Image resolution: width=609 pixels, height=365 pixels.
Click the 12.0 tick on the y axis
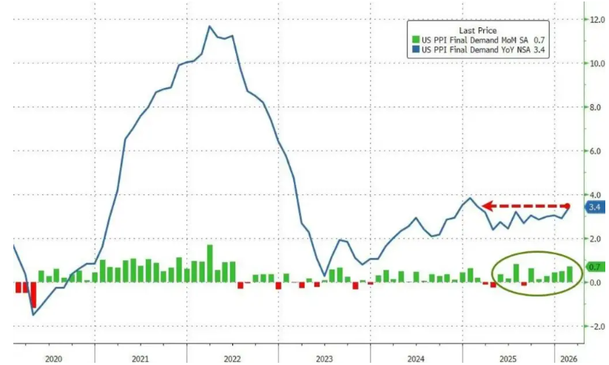[x=593, y=19]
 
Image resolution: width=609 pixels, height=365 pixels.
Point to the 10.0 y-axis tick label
[x=593, y=64]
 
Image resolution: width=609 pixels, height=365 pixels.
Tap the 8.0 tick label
[x=593, y=107]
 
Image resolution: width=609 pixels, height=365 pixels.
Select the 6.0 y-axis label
[x=593, y=151]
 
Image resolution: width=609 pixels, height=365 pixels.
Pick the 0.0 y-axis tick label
[x=593, y=282]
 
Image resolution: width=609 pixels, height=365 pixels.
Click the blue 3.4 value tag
[x=594, y=208]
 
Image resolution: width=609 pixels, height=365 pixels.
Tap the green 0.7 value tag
[x=594, y=267]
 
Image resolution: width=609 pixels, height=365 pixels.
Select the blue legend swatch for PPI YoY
[x=417, y=50]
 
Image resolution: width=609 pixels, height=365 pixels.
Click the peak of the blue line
[x=209, y=27]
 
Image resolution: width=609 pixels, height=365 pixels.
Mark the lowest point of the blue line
[x=33, y=315]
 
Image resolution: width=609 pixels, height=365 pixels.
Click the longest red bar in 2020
[x=33, y=295]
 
